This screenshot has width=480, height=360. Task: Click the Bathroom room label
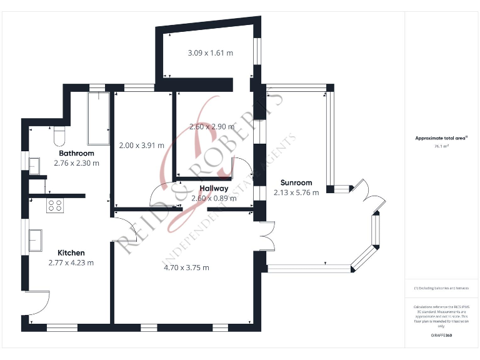pos(76,153)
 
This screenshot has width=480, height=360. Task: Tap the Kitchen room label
pos(71,252)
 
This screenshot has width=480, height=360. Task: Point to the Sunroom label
pos(296,182)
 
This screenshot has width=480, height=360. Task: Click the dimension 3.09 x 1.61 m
pos(210,53)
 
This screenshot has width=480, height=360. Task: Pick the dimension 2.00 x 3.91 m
pos(141,145)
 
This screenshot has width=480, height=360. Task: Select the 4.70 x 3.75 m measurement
pos(186,267)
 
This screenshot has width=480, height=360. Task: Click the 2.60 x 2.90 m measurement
pos(212,126)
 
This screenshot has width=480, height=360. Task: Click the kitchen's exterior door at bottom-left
pos(39,303)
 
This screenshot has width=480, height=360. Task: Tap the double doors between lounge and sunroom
pos(267,236)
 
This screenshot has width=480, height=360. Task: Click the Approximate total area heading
pos(442,138)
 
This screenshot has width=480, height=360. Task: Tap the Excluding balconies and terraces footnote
pos(442,288)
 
